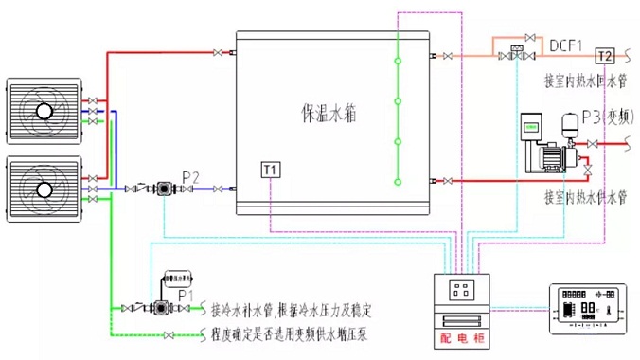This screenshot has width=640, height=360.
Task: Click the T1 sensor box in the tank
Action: point(271,171)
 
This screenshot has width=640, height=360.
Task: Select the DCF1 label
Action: point(566,44)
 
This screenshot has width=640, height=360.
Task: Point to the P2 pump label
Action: point(190,175)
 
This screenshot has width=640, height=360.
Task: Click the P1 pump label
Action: point(186,296)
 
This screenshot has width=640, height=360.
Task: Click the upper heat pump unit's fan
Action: point(44,110)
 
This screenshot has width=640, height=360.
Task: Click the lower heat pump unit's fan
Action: point(44,189)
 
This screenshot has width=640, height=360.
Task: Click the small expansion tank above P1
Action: point(178,279)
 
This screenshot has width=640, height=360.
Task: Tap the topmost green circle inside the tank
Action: point(399,63)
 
